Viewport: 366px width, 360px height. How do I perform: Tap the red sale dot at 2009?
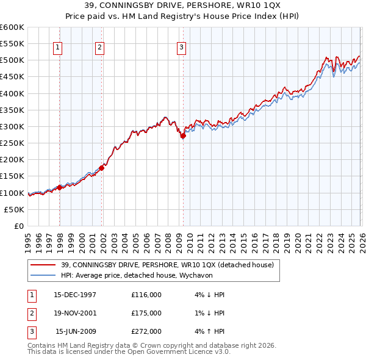tap(183, 136)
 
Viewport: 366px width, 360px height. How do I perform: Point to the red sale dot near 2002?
tap(102, 168)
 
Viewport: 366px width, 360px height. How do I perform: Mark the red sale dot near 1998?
tap(60, 187)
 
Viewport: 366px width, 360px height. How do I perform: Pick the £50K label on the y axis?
tap(15, 209)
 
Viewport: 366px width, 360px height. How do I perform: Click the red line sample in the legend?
tap(43, 265)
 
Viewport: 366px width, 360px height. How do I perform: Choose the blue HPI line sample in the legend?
tap(43, 275)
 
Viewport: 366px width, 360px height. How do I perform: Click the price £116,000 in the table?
tap(146, 295)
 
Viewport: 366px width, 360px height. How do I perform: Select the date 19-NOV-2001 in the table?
tap(75, 313)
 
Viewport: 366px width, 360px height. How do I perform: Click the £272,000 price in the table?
tap(146, 331)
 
